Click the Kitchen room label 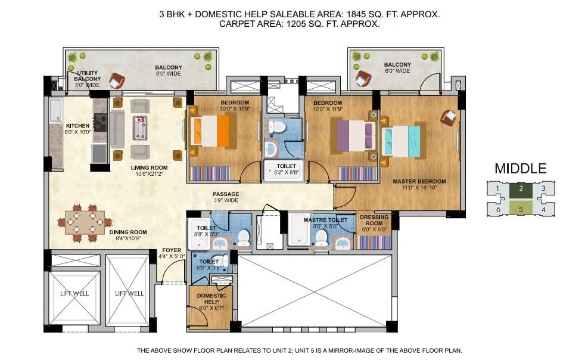click(x=78, y=129)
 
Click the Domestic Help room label click(x=211, y=300)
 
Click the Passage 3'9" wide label click(x=226, y=197)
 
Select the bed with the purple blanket click(x=356, y=135)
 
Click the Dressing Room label click(x=374, y=223)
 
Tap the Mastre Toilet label click(x=321, y=223)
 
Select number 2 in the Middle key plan click(x=521, y=189)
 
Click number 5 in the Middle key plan click(x=521, y=209)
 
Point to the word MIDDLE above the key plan click(x=520, y=169)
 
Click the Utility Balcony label click(x=88, y=78)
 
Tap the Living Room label click(x=150, y=171)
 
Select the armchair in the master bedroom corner click(x=449, y=117)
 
